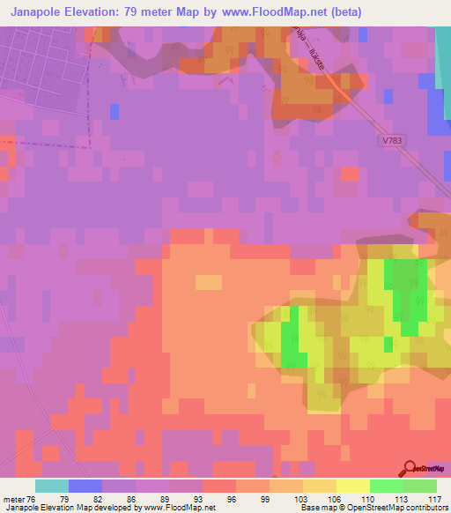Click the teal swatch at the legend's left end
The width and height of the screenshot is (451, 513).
click(51, 486)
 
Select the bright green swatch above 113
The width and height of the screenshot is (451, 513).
click(386, 486)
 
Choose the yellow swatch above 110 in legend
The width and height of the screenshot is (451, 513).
click(352, 486)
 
